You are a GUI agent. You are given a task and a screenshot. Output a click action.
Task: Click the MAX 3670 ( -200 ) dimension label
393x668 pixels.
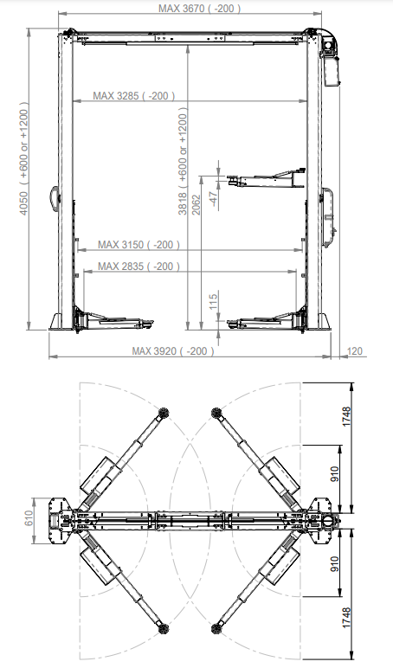tap(199, 8)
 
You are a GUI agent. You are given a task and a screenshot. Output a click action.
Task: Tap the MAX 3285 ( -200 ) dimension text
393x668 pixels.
tap(134, 96)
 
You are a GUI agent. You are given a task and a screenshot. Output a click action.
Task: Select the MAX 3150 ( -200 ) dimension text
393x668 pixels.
tap(139, 245)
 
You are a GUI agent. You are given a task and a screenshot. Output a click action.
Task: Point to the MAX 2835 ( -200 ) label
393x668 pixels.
tap(139, 267)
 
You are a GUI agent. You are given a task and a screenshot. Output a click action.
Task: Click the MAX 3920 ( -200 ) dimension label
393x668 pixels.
tap(172, 351)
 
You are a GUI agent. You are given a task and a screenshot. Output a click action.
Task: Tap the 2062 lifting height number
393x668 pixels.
tap(196, 205)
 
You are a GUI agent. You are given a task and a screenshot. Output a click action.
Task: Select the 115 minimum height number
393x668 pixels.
tap(214, 302)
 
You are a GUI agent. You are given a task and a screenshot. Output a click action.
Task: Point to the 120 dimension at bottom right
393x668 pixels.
tap(355, 351)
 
